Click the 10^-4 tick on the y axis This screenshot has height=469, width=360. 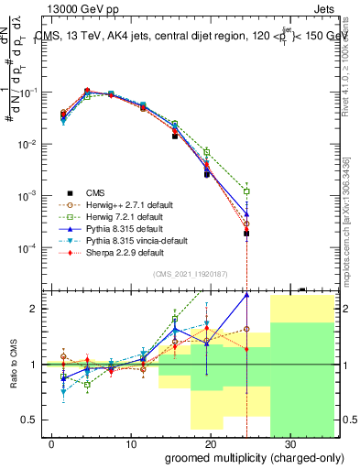coord(25,248)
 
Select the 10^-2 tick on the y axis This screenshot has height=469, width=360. coord(25,145)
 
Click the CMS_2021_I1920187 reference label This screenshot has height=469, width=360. coord(191,273)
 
